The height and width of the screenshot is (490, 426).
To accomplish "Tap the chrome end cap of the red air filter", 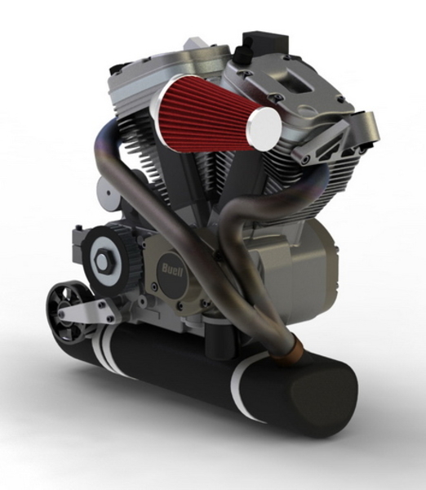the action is tap(264, 127).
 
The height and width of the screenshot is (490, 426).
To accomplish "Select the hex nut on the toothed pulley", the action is tap(104, 261).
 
